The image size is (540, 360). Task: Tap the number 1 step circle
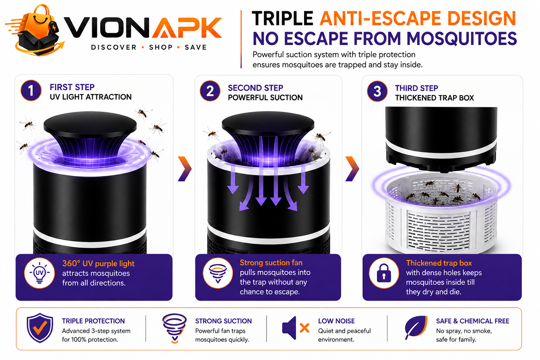31,90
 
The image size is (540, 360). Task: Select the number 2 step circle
210,91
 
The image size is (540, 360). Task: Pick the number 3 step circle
377,91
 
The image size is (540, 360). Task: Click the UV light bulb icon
39,273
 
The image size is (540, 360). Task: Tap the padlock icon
384,273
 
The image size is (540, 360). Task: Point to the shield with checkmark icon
40,328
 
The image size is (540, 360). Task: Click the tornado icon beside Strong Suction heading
174,328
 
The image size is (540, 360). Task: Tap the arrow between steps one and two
185,169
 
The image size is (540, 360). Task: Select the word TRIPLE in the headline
283,18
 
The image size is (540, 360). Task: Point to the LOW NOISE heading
336,321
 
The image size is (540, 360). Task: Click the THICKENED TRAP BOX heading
435,98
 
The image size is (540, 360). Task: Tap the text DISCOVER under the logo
114,47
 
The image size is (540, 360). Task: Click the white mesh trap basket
441,214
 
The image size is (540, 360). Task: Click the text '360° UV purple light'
98,264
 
